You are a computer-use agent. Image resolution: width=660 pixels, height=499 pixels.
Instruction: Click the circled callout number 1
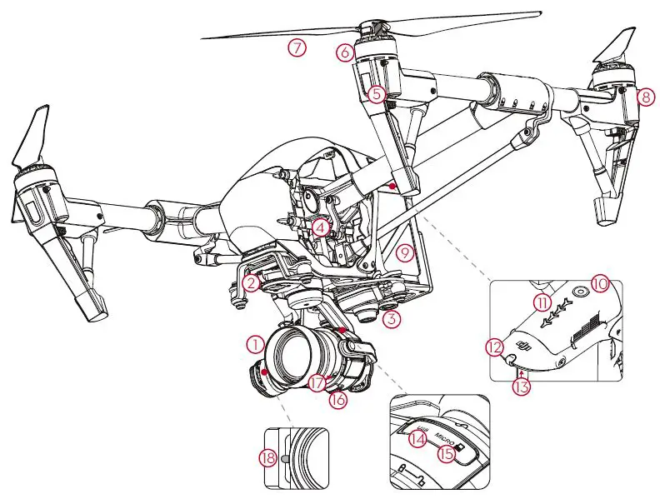pos(255,342)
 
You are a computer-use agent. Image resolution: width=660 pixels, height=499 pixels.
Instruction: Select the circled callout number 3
pos(393,317)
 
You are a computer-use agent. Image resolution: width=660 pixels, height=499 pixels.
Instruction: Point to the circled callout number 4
pos(321,226)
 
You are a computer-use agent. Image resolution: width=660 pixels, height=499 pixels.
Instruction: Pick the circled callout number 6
pos(346,52)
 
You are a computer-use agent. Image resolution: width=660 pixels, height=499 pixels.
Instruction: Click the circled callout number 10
pos(600,283)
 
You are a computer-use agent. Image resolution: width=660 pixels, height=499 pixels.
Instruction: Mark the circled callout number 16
pos(337,400)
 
